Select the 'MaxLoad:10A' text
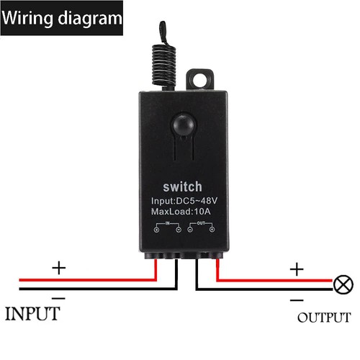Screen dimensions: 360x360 (x=181, y=214)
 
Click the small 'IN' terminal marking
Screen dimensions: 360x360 (x=171, y=225)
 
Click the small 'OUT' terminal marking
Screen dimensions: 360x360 (x=202, y=225)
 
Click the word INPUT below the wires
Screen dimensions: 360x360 (x=32, y=314)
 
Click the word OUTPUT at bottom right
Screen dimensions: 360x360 (x=323, y=318)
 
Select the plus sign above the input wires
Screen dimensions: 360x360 (x=58, y=268)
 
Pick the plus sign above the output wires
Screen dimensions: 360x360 (x=296, y=269)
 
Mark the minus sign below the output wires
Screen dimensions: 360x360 (x=296, y=299)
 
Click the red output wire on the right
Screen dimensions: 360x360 (x=274, y=280)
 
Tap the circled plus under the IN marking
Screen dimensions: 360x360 (x=157, y=232)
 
